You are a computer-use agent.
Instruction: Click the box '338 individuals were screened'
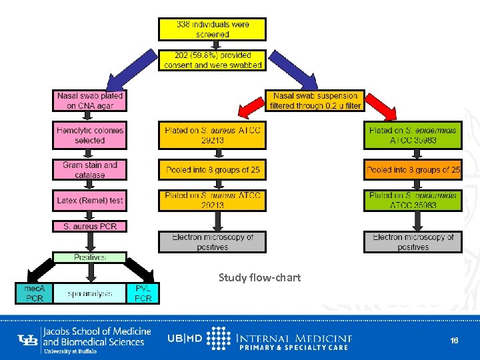coord(212,29)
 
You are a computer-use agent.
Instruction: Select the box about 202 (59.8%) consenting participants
coord(212,60)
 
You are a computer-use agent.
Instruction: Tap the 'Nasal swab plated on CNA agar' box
coord(90,100)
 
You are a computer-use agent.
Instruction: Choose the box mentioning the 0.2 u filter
coord(317,101)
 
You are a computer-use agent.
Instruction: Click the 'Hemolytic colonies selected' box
coord(90,135)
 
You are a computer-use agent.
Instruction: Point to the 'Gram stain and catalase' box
coord(90,169)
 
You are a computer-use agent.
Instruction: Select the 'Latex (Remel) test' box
coord(90,200)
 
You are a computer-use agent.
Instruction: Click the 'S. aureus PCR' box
coord(90,227)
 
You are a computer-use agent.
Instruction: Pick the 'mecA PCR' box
coord(34,293)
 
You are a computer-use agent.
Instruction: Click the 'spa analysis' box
coord(90,293)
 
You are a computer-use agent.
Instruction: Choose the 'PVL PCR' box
coord(143,293)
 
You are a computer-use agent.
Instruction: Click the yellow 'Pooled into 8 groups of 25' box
coord(212,170)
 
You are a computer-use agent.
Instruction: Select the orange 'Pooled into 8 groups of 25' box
coord(413,170)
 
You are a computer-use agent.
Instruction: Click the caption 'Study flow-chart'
coord(259,277)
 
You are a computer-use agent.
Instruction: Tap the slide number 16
coord(454,341)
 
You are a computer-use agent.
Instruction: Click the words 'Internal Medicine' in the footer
coord(294,337)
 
